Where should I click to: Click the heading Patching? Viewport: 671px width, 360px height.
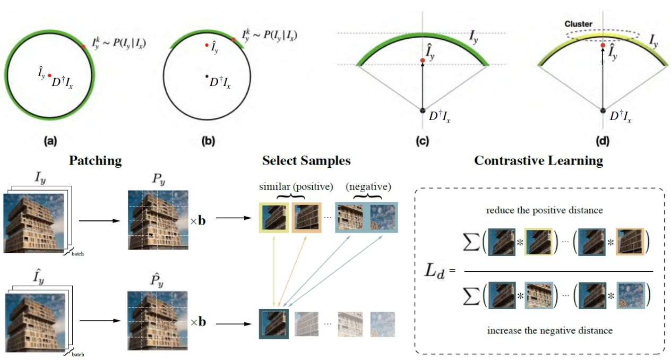(x=95, y=160)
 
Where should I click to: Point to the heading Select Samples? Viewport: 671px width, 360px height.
(x=306, y=160)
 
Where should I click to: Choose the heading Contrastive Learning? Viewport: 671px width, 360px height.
(x=538, y=160)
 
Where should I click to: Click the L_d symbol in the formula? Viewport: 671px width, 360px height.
(x=435, y=271)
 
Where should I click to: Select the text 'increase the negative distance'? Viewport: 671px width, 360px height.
(x=550, y=330)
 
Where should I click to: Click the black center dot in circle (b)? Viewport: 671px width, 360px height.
(x=207, y=76)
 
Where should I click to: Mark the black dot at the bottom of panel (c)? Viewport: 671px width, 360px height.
(x=423, y=110)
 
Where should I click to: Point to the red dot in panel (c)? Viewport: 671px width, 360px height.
(x=423, y=61)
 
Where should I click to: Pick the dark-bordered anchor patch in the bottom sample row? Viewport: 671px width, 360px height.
(x=273, y=323)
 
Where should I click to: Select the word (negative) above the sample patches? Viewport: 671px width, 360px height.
(x=369, y=187)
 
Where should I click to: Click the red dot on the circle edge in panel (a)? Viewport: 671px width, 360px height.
(x=83, y=47)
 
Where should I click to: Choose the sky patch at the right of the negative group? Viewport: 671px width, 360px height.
(x=382, y=217)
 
